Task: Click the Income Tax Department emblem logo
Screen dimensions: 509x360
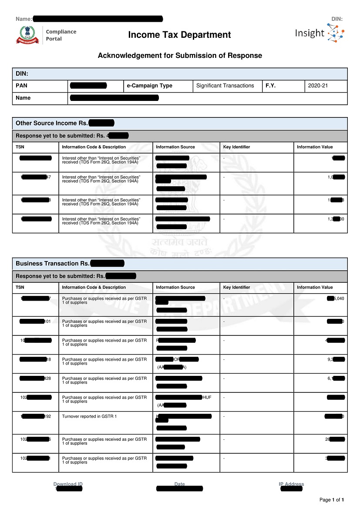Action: (27, 35)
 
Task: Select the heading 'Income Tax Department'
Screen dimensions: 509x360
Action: (179, 35)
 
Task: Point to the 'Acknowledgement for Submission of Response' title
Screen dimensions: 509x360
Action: (180, 56)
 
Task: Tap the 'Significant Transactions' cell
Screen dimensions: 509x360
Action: (225, 86)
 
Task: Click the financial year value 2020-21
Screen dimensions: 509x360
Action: (318, 86)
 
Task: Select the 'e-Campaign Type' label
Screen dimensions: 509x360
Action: (149, 86)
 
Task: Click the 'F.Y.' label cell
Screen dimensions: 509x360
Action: (271, 86)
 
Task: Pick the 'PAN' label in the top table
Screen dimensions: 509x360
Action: (21, 86)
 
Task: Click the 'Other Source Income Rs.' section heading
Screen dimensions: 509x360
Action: (52, 123)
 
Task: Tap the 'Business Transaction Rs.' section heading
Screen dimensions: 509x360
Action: (53, 264)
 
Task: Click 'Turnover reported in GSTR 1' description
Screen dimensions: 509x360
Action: (89, 416)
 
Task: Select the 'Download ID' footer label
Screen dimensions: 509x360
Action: (68, 484)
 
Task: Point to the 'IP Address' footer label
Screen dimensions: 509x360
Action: (291, 484)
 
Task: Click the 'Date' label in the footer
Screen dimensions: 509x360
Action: (179, 484)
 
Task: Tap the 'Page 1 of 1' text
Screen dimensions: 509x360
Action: (332, 500)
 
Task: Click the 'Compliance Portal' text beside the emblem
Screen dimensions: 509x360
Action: (61, 35)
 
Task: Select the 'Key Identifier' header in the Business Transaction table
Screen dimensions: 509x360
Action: (236, 288)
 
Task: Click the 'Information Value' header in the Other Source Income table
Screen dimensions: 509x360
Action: (315, 147)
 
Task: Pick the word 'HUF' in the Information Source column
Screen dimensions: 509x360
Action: (207, 398)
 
